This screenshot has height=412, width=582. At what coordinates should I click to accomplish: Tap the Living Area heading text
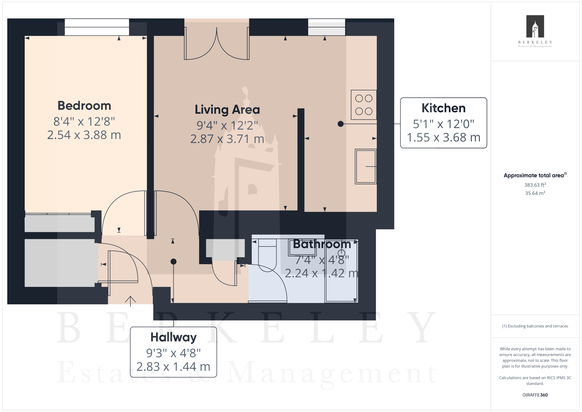pyautogui.click(x=227, y=110)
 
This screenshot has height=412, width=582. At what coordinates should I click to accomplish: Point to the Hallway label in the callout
pyautogui.click(x=173, y=337)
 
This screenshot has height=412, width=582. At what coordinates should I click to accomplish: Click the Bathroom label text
pyautogui.click(x=322, y=244)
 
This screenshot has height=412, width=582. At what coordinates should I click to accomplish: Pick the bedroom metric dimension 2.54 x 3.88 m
pyautogui.click(x=84, y=135)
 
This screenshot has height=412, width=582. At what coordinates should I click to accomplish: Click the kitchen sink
pyautogui.click(x=366, y=166)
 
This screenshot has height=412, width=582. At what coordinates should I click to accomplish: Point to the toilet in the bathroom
pyautogui.click(x=267, y=255)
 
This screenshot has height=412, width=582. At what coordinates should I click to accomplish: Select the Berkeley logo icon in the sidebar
pyautogui.click(x=535, y=26)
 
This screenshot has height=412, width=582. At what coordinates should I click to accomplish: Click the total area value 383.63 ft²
pyautogui.click(x=535, y=185)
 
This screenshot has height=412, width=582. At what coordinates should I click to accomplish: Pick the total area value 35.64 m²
pyautogui.click(x=535, y=193)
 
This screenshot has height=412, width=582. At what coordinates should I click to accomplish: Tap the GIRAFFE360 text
pyautogui.click(x=535, y=395)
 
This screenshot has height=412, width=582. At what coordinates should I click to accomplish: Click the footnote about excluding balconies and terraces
pyautogui.click(x=535, y=326)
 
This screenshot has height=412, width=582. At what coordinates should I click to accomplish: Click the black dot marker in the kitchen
pyautogui.click(x=341, y=124)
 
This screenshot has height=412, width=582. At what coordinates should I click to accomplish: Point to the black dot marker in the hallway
pyautogui.click(x=173, y=262)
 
